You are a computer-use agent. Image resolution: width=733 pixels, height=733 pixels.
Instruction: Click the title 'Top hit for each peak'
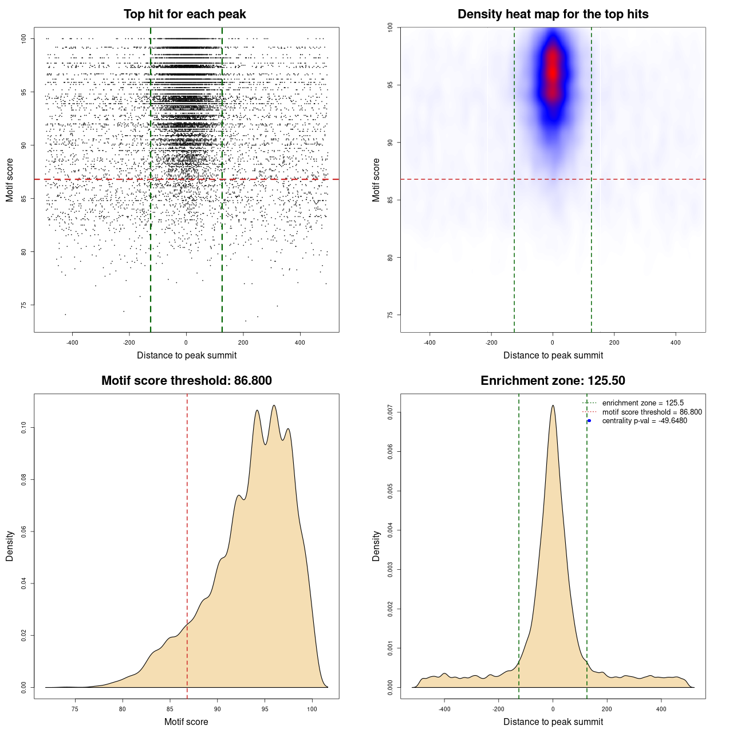pyautogui.click(x=184, y=14)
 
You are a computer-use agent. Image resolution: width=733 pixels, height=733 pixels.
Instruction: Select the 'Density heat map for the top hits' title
pyautogui.click(x=553, y=14)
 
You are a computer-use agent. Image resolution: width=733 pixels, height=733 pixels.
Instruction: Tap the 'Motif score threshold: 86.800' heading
pyautogui.click(x=186, y=381)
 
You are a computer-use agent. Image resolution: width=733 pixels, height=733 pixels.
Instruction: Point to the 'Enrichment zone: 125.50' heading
pyautogui.click(x=553, y=381)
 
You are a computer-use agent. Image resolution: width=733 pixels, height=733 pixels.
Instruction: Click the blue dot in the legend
pyautogui.click(x=589, y=421)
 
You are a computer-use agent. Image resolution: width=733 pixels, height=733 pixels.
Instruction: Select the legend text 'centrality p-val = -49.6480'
pyautogui.click(x=644, y=421)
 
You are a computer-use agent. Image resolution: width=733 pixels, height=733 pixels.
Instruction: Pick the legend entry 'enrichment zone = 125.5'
pyautogui.click(x=643, y=403)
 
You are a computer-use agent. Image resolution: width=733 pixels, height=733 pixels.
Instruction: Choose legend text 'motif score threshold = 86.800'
pyautogui.click(x=652, y=412)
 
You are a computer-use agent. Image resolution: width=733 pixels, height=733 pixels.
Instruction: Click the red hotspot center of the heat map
pyautogui.click(x=552, y=72)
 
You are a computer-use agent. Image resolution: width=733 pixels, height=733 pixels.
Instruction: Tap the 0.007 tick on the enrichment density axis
pyautogui.click(x=391, y=412)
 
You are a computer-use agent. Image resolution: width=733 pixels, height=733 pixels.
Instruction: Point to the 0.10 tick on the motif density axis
pyautogui.click(x=24, y=427)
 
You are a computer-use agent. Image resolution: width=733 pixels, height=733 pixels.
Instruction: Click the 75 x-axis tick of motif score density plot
pyautogui.click(x=75, y=709)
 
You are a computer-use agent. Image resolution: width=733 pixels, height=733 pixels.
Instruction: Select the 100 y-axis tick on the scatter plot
pyautogui.click(x=24, y=38)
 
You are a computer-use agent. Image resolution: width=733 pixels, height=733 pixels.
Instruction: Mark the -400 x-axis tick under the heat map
pyautogui.click(x=429, y=342)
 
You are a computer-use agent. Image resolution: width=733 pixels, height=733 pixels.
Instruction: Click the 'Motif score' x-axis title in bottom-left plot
pyautogui.click(x=186, y=722)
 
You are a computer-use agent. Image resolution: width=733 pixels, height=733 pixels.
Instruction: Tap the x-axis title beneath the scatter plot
pyautogui.click(x=186, y=356)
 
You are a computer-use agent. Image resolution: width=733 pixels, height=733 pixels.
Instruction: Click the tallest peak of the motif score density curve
pyautogui.click(x=274, y=405)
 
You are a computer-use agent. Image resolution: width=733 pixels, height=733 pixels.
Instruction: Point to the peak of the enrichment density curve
pyautogui.click(x=553, y=405)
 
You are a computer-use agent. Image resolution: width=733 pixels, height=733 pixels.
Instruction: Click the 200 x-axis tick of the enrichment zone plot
pyautogui.click(x=607, y=709)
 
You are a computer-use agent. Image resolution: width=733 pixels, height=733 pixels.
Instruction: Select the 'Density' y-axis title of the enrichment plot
pyautogui.click(x=376, y=546)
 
